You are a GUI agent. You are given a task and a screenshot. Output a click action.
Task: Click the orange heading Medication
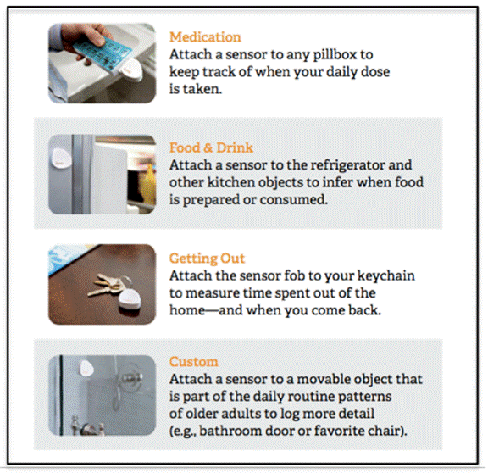point(205,37)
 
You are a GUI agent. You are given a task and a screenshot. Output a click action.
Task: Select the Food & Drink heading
point(211,147)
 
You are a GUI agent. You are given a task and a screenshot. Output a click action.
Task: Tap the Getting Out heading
point(207,259)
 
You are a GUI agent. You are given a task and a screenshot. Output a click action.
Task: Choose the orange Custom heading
point(193,362)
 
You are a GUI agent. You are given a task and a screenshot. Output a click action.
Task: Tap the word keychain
point(386,276)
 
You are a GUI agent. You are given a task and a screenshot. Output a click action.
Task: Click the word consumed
point(293,199)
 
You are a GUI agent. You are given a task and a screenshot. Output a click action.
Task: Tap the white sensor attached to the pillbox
point(131,71)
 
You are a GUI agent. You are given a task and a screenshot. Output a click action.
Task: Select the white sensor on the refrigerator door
point(61,159)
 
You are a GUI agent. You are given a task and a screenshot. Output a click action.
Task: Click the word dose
point(375,72)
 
